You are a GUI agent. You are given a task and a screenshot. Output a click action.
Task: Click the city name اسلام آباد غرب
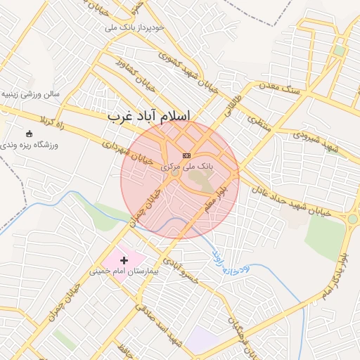coord(150,116)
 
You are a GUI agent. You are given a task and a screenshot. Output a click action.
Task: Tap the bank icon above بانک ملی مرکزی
coord(186,155)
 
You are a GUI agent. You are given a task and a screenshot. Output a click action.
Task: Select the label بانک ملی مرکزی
coord(186,167)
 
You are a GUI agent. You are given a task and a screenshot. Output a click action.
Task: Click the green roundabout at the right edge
coord(352,219)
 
